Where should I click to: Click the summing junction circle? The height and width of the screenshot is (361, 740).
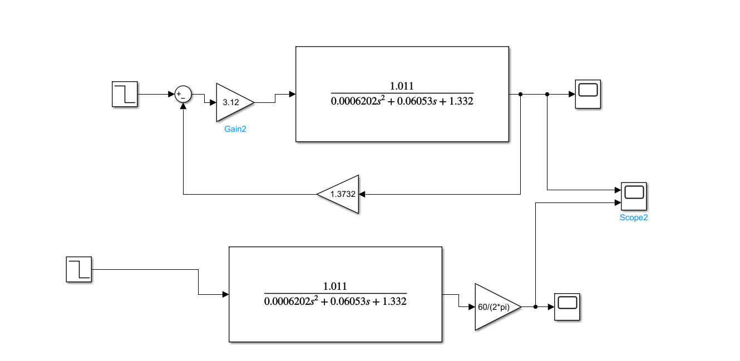(183, 95)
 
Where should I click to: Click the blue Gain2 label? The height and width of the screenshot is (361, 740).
(235, 128)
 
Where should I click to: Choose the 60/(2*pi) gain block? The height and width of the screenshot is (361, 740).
(495, 307)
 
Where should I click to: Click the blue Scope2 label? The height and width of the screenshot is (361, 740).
(633, 217)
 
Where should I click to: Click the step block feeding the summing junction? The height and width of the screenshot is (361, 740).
(125, 94)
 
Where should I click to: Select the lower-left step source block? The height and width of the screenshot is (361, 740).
(78, 269)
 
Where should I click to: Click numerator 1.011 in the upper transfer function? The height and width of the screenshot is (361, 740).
(402, 86)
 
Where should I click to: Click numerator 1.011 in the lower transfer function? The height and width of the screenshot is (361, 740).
(335, 286)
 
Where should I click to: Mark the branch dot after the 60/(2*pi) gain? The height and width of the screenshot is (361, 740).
(535, 307)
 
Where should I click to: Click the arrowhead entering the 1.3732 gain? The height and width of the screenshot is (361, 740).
(362, 194)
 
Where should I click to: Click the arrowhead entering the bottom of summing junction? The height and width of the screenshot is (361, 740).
(183, 107)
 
